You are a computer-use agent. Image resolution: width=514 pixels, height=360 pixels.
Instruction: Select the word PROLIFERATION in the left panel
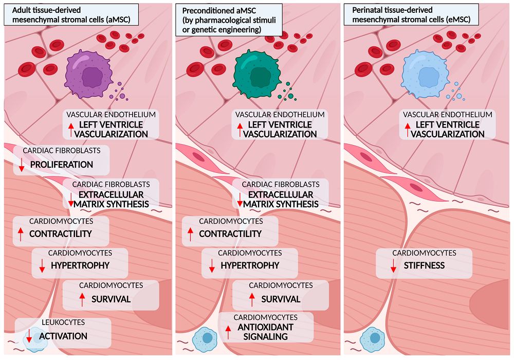(x=61, y=165)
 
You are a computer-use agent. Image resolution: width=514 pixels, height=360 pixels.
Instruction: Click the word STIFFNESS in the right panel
(x=424, y=266)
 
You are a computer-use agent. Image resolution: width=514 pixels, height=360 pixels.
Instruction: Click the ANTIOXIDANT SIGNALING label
(x=265, y=332)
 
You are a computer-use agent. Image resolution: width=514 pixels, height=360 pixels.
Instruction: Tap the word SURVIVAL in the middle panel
(x=281, y=299)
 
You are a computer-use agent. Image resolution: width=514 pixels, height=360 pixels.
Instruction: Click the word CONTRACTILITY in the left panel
(x=60, y=233)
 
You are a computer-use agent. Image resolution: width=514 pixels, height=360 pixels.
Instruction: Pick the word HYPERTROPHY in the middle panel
(x=250, y=265)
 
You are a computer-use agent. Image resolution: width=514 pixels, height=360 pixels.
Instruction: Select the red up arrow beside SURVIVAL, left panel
(x=81, y=299)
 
